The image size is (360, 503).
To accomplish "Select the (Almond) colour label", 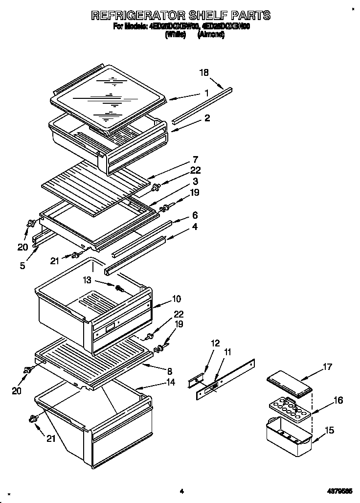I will click(211, 35).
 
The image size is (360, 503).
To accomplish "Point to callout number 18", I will click(204, 73).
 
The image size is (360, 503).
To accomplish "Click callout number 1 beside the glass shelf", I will click(207, 93).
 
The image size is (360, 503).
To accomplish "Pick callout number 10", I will click(176, 298).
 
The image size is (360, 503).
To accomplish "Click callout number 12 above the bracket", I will click(216, 343).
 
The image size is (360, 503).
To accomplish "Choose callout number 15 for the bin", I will click(329, 431).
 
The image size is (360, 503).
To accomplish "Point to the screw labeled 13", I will click(118, 288).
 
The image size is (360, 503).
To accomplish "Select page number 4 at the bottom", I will click(180, 491).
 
